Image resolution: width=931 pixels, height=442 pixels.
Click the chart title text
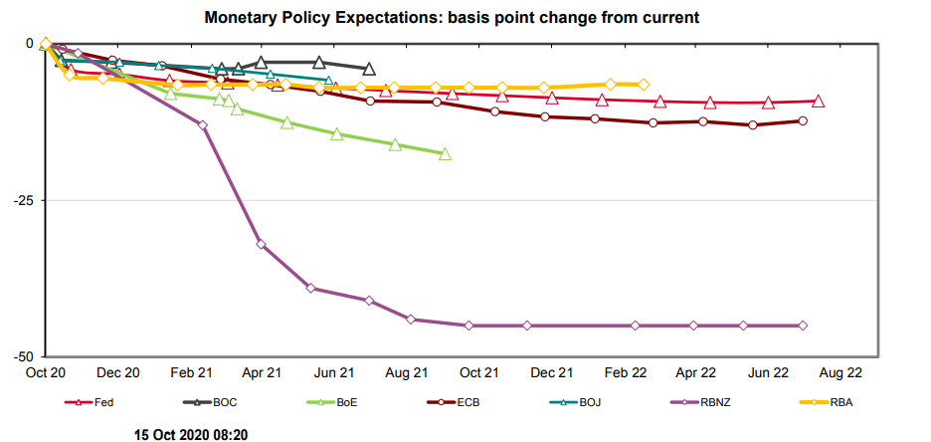(465, 18)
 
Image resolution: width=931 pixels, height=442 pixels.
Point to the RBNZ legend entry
(714, 402)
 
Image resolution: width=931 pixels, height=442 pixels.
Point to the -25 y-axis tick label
(21, 200)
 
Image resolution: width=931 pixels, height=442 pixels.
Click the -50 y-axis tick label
(21, 356)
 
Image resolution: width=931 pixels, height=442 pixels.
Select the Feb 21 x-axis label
(191, 373)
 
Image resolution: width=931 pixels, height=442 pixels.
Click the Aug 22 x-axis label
(840, 373)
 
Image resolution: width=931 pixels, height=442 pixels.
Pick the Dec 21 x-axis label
(551, 373)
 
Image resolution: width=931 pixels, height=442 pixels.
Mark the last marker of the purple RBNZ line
(803, 326)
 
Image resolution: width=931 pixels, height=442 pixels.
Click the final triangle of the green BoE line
(445, 154)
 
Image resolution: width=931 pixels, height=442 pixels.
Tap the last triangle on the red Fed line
(818, 101)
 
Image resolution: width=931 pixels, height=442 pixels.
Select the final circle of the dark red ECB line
(803, 120)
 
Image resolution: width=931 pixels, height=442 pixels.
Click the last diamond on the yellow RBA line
(644, 85)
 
